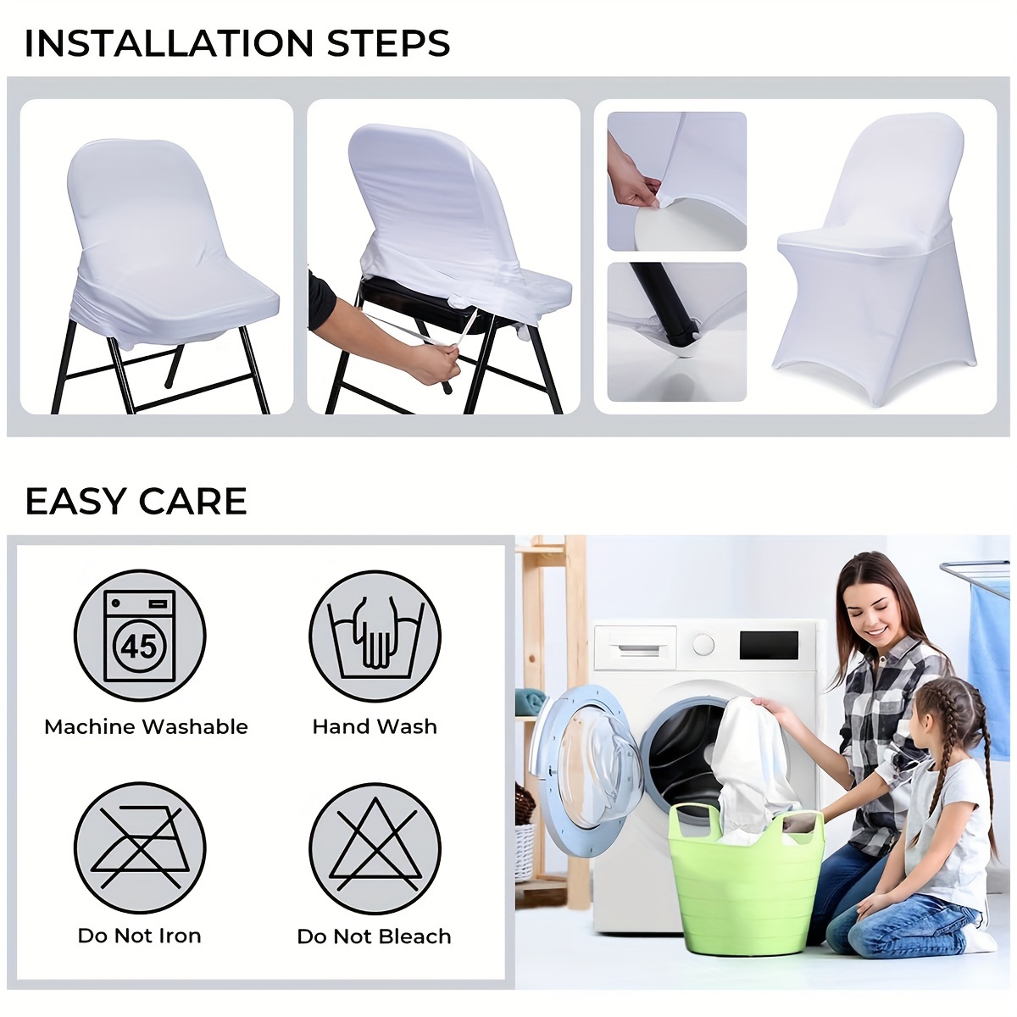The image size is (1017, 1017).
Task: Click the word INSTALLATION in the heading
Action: (x=169, y=43)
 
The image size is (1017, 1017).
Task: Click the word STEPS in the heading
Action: (x=388, y=43)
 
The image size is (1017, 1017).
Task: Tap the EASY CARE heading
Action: (x=136, y=501)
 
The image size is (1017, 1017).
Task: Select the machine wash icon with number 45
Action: (x=140, y=636)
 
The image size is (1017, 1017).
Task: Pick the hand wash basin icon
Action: (x=375, y=636)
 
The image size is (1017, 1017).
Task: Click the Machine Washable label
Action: (x=146, y=726)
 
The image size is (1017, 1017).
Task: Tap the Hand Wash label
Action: (x=375, y=726)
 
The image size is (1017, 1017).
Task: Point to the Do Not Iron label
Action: (x=140, y=936)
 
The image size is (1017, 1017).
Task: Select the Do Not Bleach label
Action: (x=375, y=936)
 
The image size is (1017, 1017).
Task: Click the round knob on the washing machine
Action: (x=703, y=644)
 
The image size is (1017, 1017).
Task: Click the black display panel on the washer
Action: (x=769, y=646)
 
